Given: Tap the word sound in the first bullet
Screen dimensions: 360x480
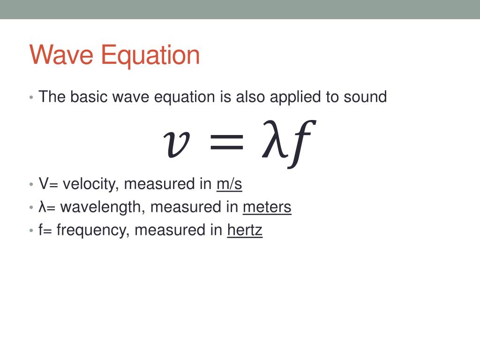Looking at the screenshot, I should (x=365, y=97).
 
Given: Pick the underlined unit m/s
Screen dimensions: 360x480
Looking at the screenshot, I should (x=229, y=184).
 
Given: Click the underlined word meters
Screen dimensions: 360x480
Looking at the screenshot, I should (x=267, y=207).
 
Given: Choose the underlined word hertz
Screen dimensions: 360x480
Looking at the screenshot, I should (x=245, y=230).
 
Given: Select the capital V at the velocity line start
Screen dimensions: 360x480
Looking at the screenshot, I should (x=43, y=184).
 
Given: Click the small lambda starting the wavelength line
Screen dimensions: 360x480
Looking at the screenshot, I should (x=42, y=207).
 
